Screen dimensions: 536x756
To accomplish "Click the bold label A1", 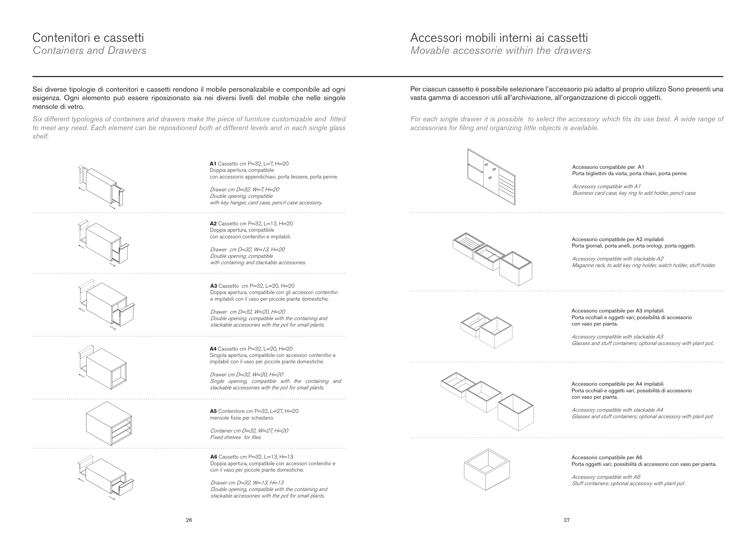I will point(213,164).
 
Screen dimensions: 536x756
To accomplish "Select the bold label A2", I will point(213,224).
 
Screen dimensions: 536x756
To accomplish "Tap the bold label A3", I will point(214,286).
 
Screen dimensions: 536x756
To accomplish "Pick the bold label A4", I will point(213,349).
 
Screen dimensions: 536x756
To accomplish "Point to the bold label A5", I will point(213,411).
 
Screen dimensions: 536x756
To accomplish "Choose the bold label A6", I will point(214,457).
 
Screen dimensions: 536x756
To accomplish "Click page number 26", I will point(189,520).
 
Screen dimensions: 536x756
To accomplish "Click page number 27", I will point(567,520).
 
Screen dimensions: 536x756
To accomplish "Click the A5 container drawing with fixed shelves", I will point(109,424).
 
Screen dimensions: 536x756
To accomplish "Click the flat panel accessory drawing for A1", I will point(491,177).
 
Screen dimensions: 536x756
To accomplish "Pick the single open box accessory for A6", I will point(487,470).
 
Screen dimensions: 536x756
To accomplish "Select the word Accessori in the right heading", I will point(436,38).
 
